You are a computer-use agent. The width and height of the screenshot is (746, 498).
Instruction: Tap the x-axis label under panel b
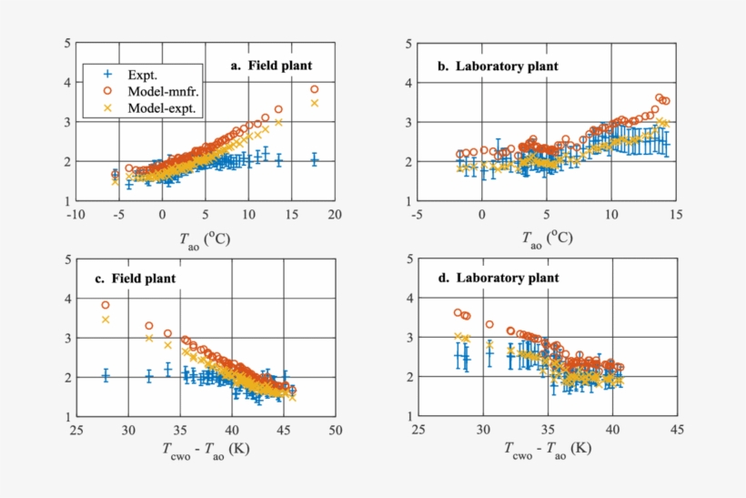[546, 238]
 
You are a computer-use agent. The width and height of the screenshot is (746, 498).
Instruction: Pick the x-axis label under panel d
[546, 448]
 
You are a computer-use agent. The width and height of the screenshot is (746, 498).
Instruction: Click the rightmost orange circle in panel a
[315, 89]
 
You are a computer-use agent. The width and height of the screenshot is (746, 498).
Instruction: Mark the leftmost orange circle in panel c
[106, 305]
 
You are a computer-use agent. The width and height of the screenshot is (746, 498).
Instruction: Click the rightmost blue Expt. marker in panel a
[315, 159]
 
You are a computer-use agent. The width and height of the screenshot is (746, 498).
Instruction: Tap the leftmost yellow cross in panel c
[106, 320]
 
